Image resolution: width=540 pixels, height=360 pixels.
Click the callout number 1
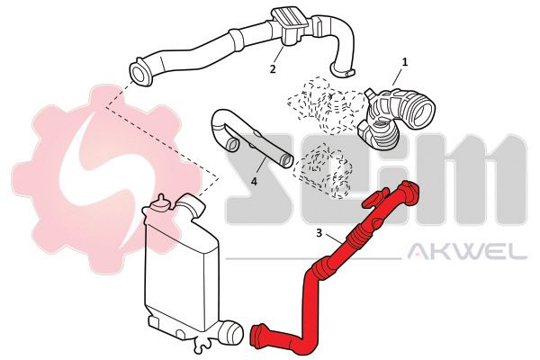405,62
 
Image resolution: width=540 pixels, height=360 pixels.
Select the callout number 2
273,69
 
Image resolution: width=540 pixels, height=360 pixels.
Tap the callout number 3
319,233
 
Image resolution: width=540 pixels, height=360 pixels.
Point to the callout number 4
254,181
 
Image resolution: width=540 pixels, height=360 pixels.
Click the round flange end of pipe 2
141,74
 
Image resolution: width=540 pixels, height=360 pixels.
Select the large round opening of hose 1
421,111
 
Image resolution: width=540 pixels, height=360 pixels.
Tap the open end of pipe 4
286,160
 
